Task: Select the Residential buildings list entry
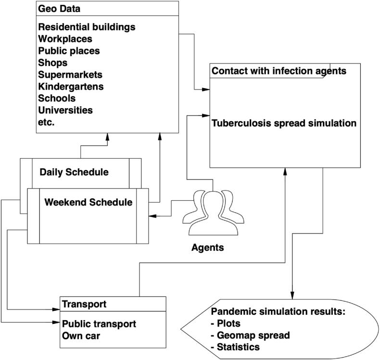coord(87,27)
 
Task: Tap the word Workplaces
coord(65,39)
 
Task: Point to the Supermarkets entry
coord(70,75)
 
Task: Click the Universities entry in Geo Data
coord(65,110)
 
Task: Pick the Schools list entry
coord(56,98)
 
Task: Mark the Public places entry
coord(69,51)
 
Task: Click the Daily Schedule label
coord(74,172)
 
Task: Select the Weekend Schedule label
coord(88,202)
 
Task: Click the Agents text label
coord(208,248)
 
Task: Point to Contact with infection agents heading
coord(279,71)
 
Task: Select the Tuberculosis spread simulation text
coord(284,123)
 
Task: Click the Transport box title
coord(84,304)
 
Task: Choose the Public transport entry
coord(99,324)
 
